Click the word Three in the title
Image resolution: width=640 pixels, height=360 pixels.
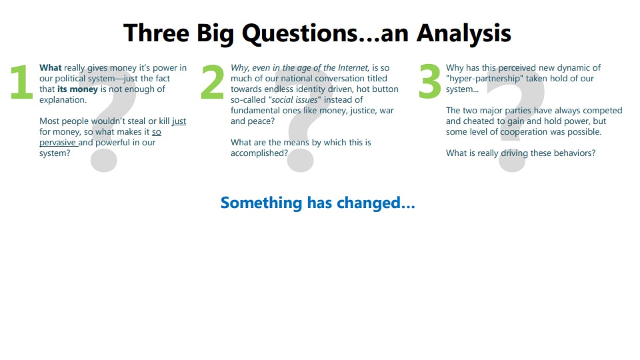tap(156, 33)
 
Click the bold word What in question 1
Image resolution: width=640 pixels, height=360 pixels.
tap(51, 68)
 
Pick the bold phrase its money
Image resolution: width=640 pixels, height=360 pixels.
tap(77, 89)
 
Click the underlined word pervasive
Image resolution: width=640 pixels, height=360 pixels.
tap(58, 143)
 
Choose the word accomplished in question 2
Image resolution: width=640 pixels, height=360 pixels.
tap(258, 153)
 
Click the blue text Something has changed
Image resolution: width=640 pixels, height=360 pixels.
tap(317, 203)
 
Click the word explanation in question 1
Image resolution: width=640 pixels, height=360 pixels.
tap(63, 100)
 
